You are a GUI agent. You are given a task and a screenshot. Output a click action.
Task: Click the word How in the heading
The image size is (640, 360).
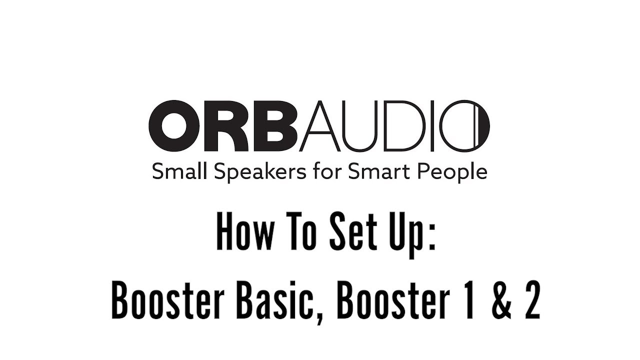click(x=239, y=234)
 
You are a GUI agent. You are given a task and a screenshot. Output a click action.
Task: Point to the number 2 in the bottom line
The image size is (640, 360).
click(x=530, y=303)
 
